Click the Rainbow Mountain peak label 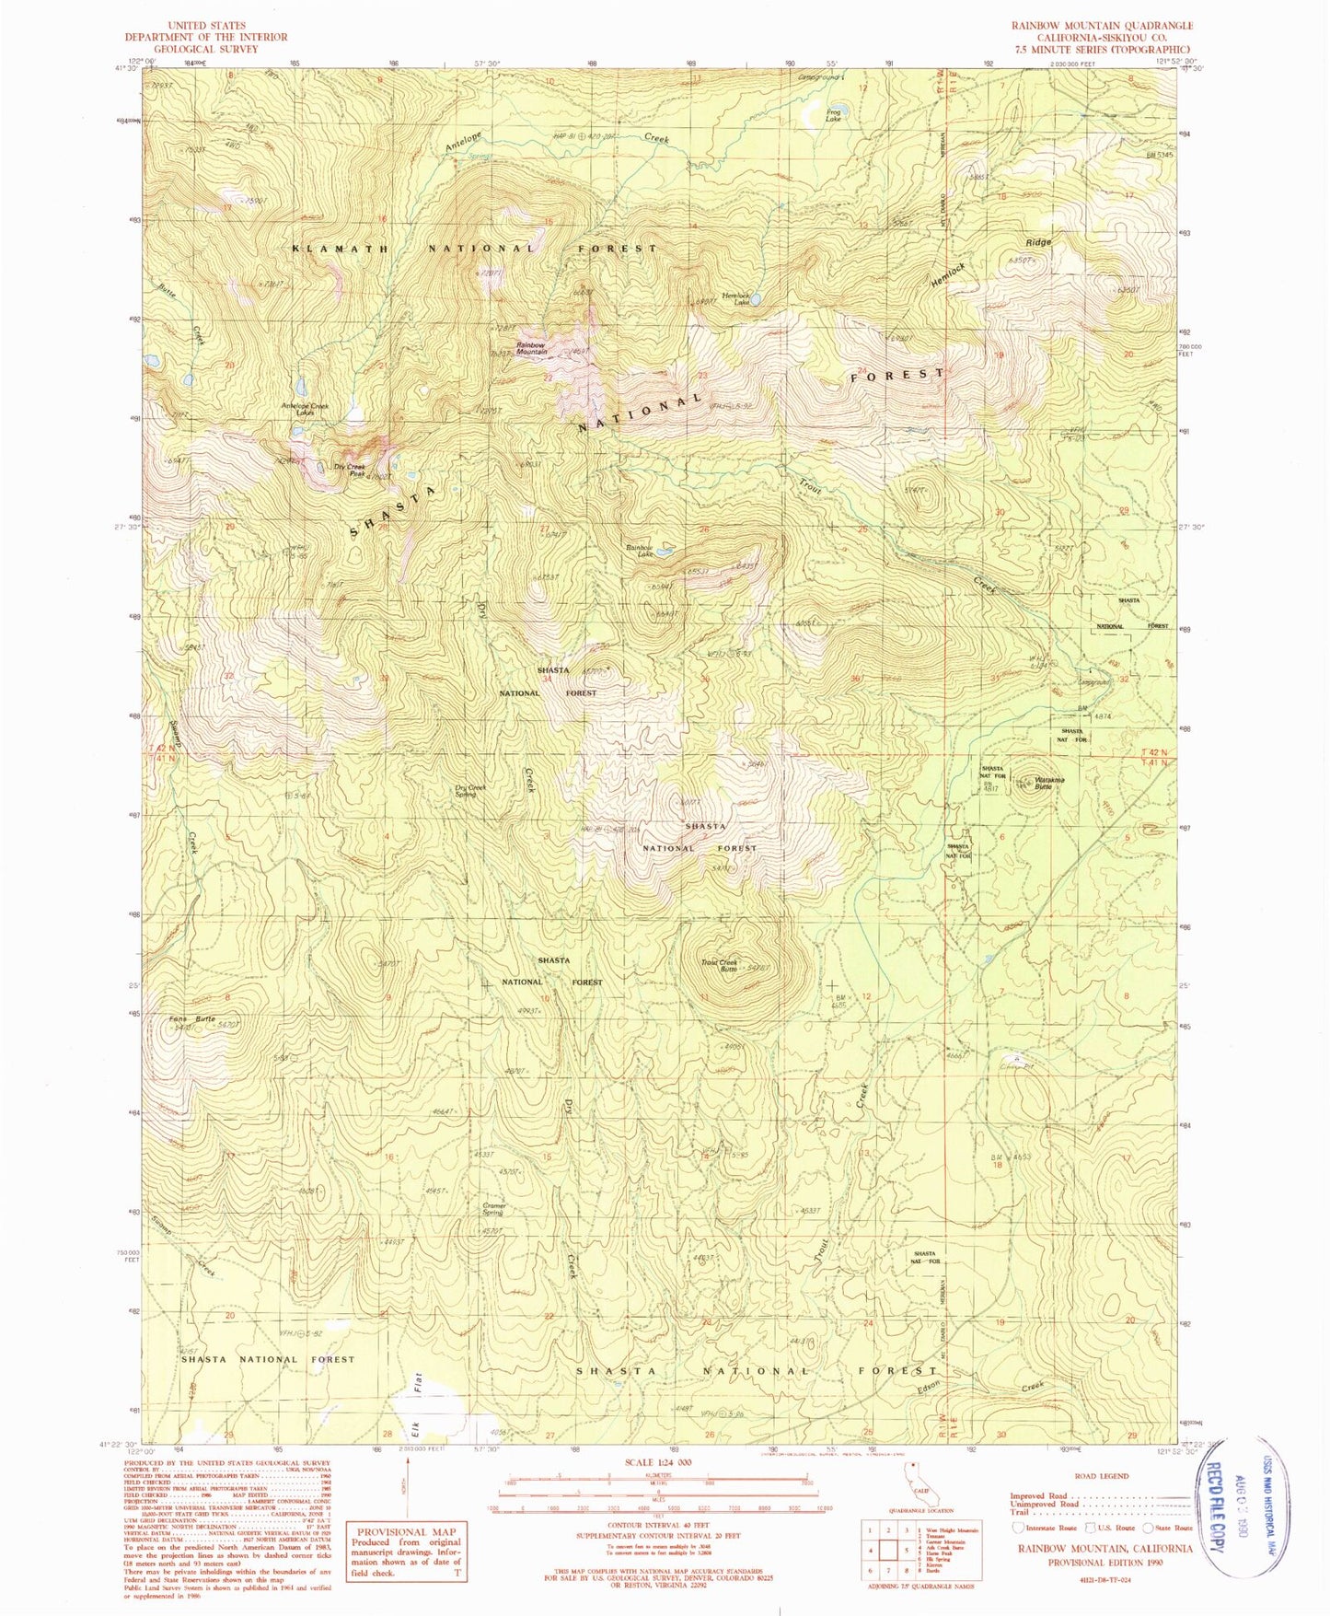[x=532, y=348]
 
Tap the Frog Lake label [x=833, y=115]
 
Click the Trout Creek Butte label [x=720, y=966]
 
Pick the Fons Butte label [x=192, y=1019]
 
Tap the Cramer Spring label [x=493, y=1208]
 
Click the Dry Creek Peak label [x=350, y=471]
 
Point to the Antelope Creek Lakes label [x=305, y=409]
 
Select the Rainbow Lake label [x=639, y=551]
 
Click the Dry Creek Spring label [x=470, y=790]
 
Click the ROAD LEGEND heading [x=1101, y=1475]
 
